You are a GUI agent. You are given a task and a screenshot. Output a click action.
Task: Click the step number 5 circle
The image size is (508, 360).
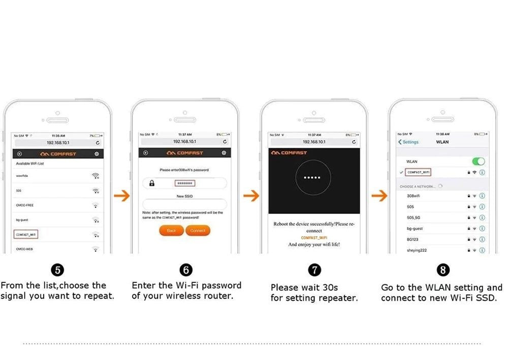[x=58, y=270]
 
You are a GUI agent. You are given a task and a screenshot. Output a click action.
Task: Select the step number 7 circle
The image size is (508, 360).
[x=315, y=270]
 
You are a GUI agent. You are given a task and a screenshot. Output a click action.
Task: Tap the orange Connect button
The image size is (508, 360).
[x=198, y=231]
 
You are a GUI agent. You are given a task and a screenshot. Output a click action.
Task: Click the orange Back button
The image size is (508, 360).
[x=171, y=231]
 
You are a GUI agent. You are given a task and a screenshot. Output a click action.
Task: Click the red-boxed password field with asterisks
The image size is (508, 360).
[x=185, y=183]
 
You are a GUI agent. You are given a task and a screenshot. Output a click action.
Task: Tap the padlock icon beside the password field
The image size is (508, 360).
[x=151, y=183]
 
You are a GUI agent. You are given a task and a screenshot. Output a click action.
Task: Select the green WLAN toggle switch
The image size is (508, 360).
[x=478, y=161]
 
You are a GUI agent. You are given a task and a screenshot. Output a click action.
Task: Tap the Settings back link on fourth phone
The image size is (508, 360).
[x=408, y=142]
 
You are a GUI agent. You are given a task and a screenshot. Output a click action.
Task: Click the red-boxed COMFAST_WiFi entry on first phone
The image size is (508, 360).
[x=26, y=235]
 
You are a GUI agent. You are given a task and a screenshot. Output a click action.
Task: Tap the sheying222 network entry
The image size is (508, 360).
[x=416, y=250]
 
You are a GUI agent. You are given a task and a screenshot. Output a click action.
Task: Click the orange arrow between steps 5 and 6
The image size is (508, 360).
[x=121, y=196]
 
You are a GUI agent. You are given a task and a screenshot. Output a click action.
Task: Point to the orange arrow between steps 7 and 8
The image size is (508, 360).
[x=379, y=196]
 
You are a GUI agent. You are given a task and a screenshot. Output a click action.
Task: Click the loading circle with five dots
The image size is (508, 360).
[x=312, y=178]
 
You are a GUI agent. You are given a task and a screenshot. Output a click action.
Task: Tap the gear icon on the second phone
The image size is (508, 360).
[x=224, y=153]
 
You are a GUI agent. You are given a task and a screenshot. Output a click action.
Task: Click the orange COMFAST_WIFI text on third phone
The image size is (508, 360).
[x=313, y=238]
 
